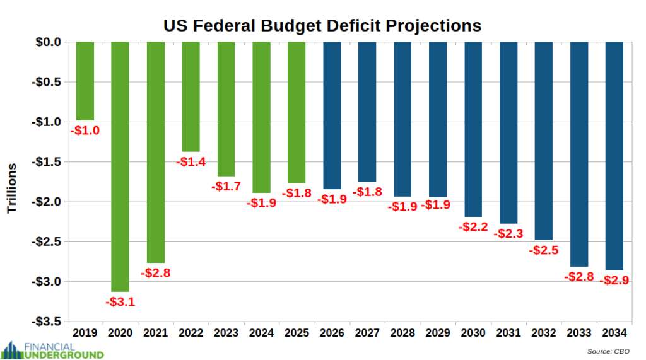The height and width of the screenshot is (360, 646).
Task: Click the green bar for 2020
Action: (x=120, y=166)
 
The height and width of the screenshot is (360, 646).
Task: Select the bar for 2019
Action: (x=85, y=81)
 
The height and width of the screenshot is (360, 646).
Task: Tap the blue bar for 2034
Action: (x=614, y=156)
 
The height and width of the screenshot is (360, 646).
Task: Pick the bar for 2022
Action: (x=191, y=96)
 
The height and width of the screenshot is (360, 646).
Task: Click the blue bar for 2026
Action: (x=332, y=115)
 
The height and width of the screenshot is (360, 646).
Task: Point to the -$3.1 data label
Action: (x=120, y=302)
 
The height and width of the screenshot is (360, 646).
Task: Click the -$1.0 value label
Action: (x=85, y=131)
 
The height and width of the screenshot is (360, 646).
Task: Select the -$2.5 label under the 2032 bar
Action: (x=544, y=250)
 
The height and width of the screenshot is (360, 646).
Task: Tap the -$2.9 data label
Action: (x=614, y=281)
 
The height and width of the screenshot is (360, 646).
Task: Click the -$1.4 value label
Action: (x=191, y=162)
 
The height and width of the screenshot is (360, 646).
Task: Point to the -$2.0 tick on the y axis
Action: (x=47, y=202)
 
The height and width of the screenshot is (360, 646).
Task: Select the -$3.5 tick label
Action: (x=47, y=322)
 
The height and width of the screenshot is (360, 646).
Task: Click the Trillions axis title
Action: (x=12, y=187)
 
